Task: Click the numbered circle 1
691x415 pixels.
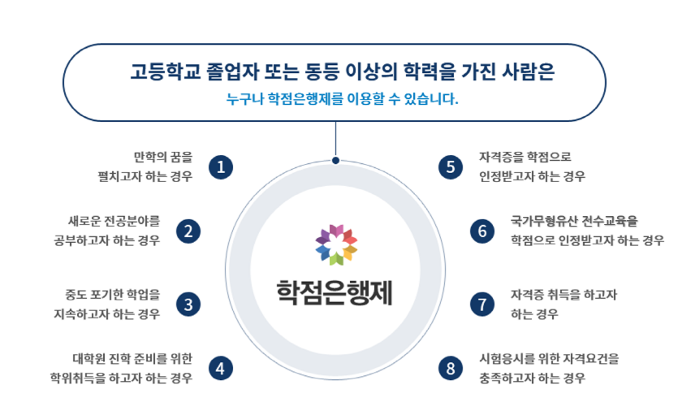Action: (x=221, y=167)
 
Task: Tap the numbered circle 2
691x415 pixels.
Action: (x=188, y=231)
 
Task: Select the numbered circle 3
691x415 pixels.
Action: (x=188, y=305)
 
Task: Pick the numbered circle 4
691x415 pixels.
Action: (x=221, y=368)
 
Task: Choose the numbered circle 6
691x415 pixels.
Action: (x=482, y=231)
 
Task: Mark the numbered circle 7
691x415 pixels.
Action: (x=482, y=305)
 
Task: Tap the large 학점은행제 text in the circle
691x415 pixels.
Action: (x=335, y=291)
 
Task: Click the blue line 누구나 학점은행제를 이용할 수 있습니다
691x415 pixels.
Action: (x=343, y=101)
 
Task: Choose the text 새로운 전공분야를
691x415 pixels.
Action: (x=114, y=220)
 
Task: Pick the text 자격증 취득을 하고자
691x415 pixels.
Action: (x=564, y=294)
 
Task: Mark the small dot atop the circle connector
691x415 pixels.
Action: (x=335, y=161)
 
